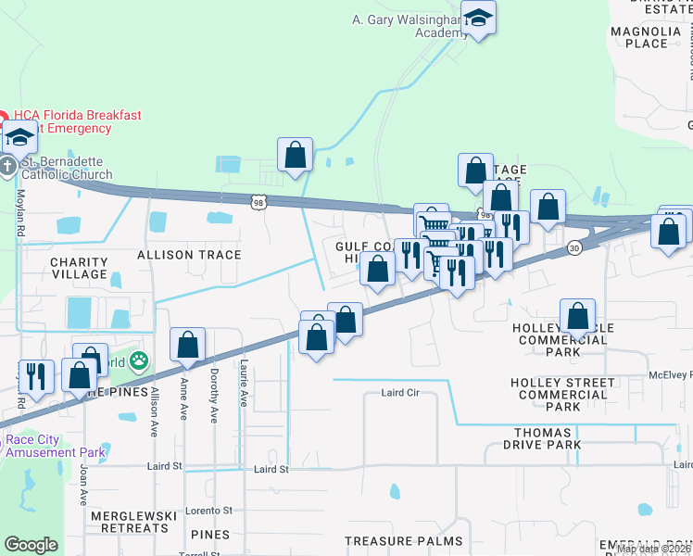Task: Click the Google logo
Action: coord(31,545)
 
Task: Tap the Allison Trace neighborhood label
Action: coord(189,255)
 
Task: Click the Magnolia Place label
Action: coord(639,37)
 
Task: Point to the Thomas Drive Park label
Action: coord(549,438)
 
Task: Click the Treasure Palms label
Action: coord(403,541)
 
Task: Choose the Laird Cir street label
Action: coord(400,393)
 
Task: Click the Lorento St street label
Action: coord(208,511)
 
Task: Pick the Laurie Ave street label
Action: coord(244,383)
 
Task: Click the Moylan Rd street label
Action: coord(19,213)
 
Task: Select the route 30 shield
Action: coord(575,247)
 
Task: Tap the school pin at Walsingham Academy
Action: coord(478,19)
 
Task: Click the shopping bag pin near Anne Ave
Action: coord(187,346)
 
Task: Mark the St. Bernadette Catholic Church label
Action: coord(66,168)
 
